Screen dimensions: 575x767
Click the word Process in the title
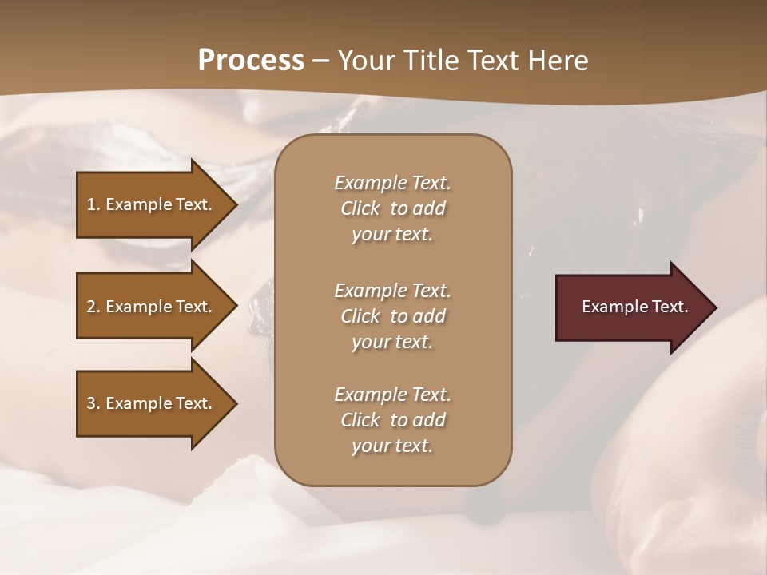click(x=251, y=61)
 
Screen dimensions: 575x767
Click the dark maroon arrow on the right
click(x=631, y=307)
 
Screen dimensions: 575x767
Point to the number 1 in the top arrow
click(x=91, y=204)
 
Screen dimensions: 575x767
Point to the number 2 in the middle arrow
click(x=91, y=307)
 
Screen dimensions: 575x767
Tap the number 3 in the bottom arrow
click(x=91, y=403)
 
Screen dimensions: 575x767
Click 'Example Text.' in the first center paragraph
click(x=392, y=183)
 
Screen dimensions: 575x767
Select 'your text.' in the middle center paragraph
click(x=392, y=342)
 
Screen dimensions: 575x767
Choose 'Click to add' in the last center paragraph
click(x=392, y=420)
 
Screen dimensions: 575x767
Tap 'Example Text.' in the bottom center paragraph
click(x=392, y=395)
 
